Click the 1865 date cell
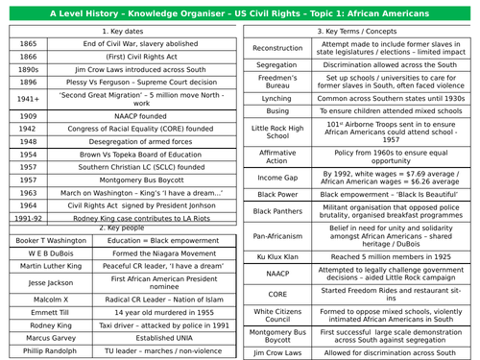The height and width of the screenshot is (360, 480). click(x=29, y=44)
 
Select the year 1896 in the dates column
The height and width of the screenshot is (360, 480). click(x=29, y=83)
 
